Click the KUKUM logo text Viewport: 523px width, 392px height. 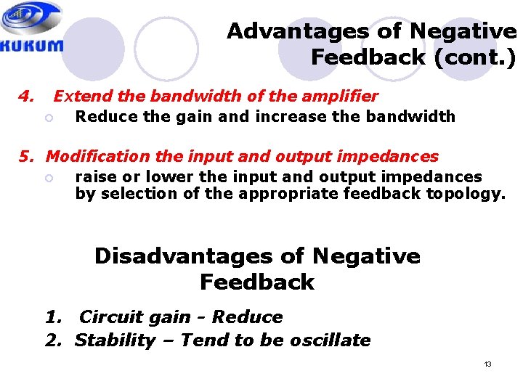click(x=32, y=44)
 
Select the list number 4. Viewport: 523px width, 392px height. click(x=27, y=96)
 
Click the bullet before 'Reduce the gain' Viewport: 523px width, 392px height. click(x=49, y=118)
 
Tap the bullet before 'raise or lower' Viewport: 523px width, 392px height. click(x=49, y=178)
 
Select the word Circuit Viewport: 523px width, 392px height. click(x=111, y=317)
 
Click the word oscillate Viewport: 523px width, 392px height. click(x=332, y=340)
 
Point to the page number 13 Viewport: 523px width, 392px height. click(x=487, y=364)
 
